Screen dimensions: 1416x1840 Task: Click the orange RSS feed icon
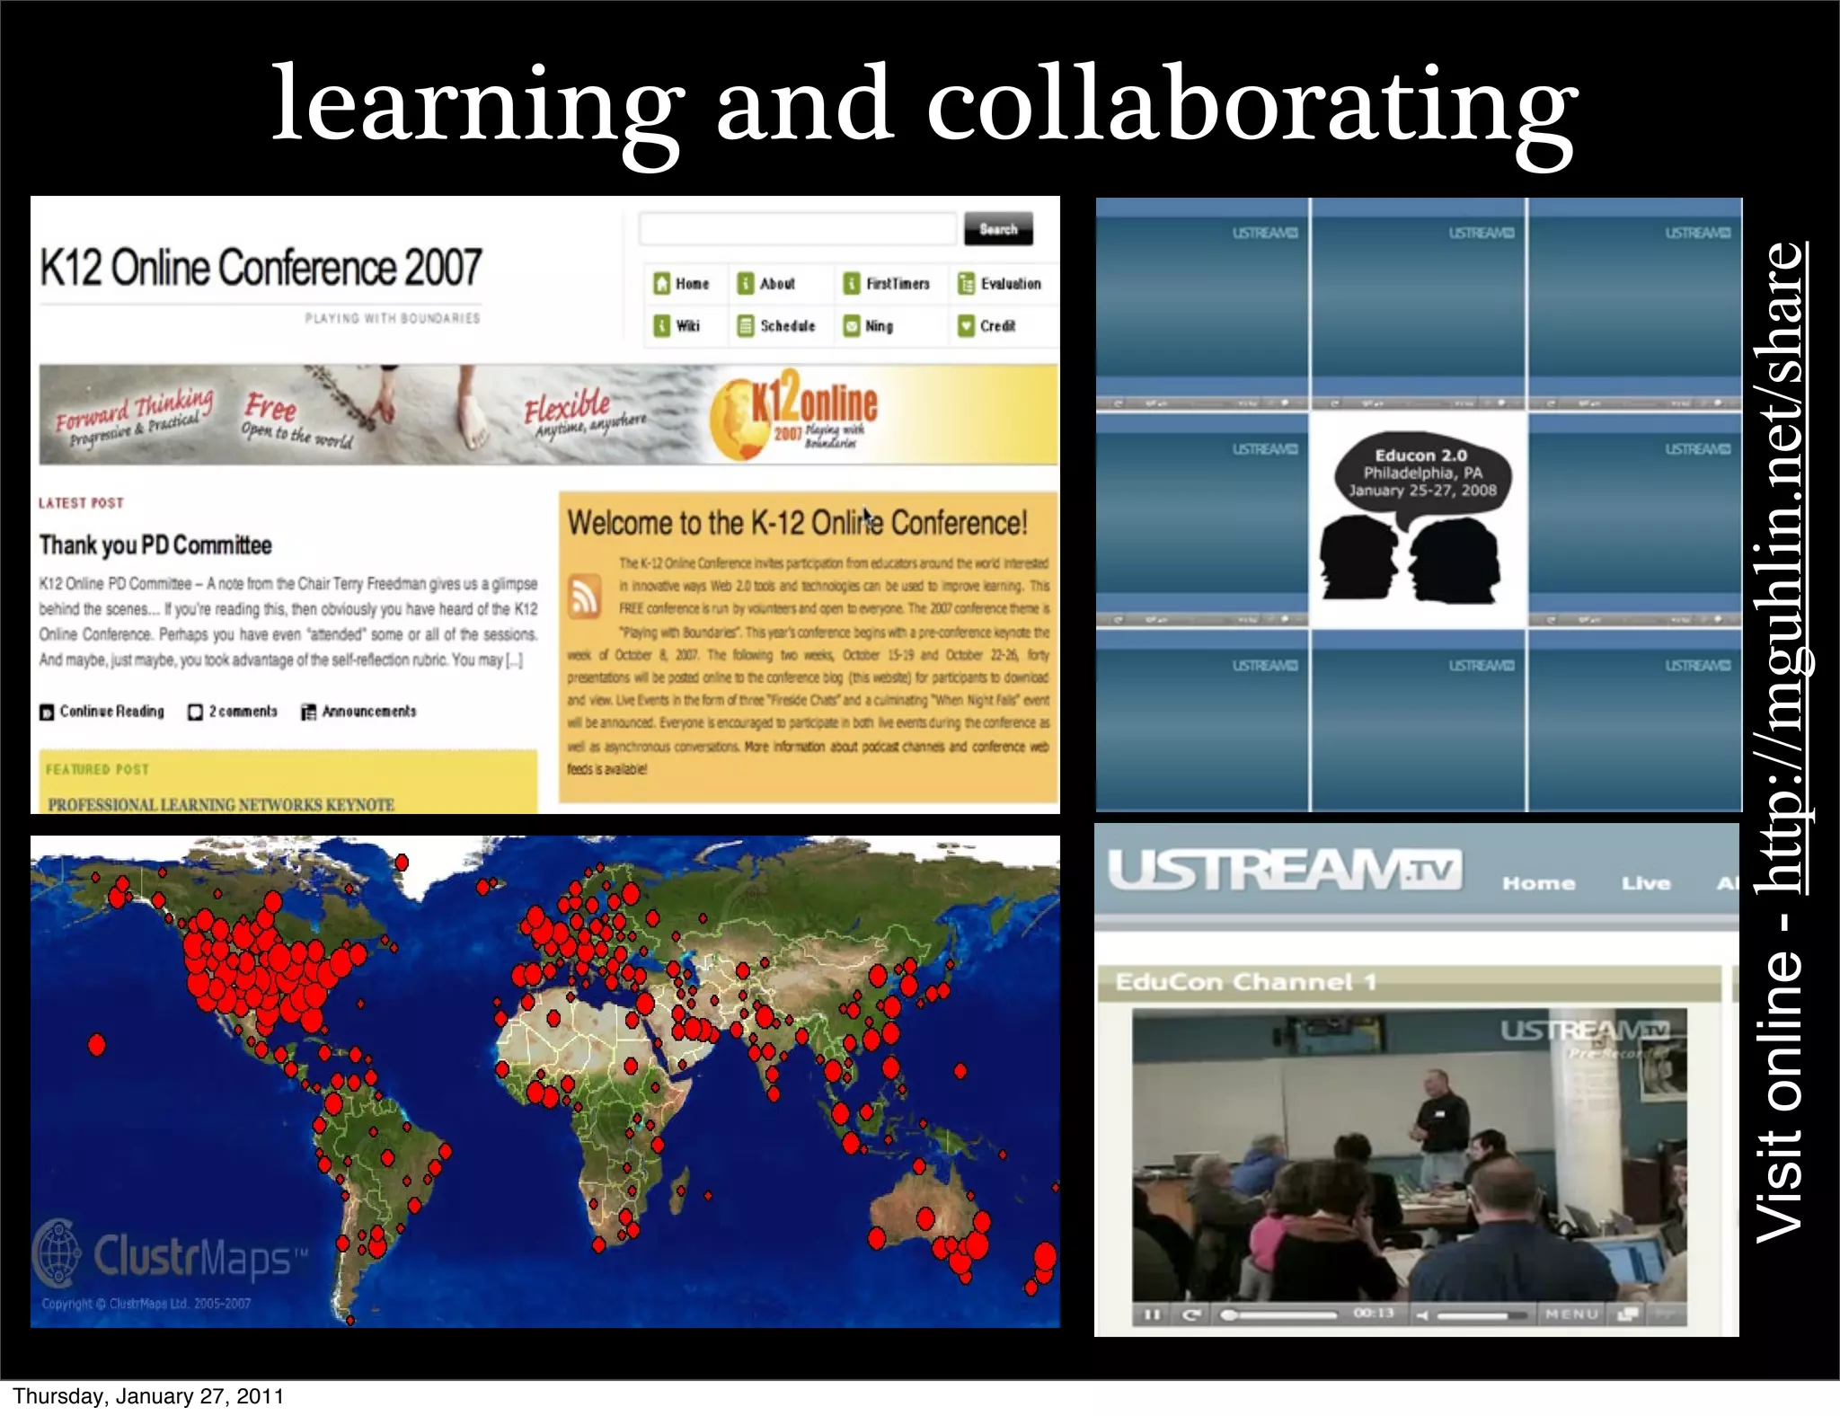click(x=585, y=595)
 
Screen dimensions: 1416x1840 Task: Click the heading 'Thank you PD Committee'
click(x=155, y=545)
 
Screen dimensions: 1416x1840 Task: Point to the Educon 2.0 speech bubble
click(x=1421, y=473)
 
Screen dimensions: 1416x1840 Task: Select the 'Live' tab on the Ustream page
click(x=1646, y=883)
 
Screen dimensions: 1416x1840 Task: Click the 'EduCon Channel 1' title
click(x=1245, y=982)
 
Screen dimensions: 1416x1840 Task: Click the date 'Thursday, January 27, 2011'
click(x=148, y=1396)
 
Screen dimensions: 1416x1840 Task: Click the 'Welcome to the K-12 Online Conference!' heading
click(x=797, y=523)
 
